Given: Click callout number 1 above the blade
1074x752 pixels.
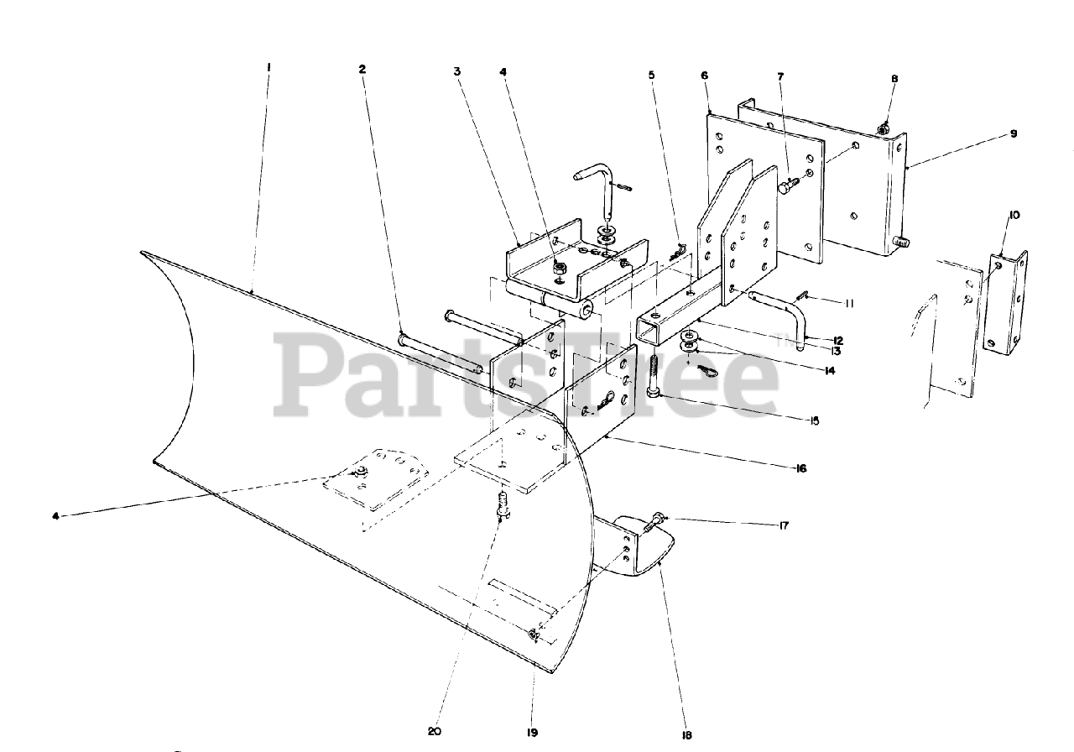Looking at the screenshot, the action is pos(268,66).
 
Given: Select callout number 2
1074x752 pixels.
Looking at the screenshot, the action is pos(362,69).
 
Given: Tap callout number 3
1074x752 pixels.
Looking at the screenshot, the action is pos(457,72).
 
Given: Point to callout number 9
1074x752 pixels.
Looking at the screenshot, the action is pos(1013,133).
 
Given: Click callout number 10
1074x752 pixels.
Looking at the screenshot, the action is pos(1014,215).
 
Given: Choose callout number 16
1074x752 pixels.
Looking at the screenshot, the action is pos(800,468).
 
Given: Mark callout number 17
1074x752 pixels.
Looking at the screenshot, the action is pos(785,525).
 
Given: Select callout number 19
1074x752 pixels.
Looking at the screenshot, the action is pos(532,732).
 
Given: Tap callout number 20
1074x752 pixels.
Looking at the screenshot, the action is pos(434,731).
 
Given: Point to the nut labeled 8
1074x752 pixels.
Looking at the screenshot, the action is pos(884,129).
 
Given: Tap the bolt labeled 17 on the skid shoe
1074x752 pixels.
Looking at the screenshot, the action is pos(655,526).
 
